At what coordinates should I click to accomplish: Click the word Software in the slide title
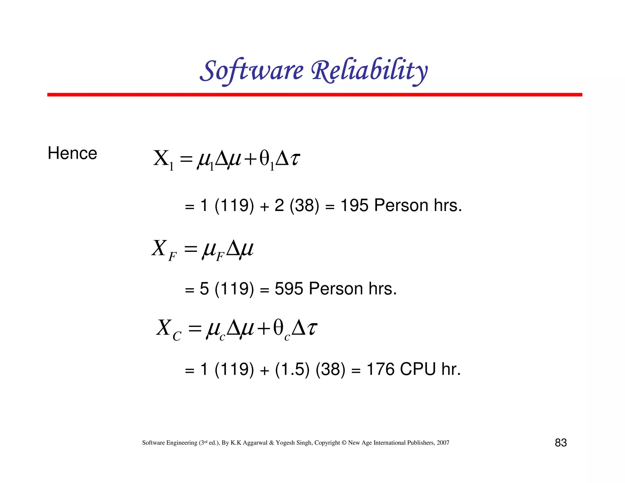coord(252,71)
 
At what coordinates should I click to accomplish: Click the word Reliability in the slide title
coord(369,71)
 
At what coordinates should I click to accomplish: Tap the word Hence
coord(72,153)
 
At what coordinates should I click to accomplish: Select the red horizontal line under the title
coord(315,95)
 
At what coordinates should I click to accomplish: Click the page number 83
coord(561,443)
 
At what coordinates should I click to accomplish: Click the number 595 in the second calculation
coord(289,289)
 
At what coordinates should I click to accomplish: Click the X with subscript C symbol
coord(168,329)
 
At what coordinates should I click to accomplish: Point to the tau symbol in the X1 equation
coord(294,159)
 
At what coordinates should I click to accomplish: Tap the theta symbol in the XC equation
coord(278,329)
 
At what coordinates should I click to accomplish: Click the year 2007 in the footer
coord(443,443)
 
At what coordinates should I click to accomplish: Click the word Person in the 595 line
coord(335,289)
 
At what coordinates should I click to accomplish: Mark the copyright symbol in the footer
coord(344,443)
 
